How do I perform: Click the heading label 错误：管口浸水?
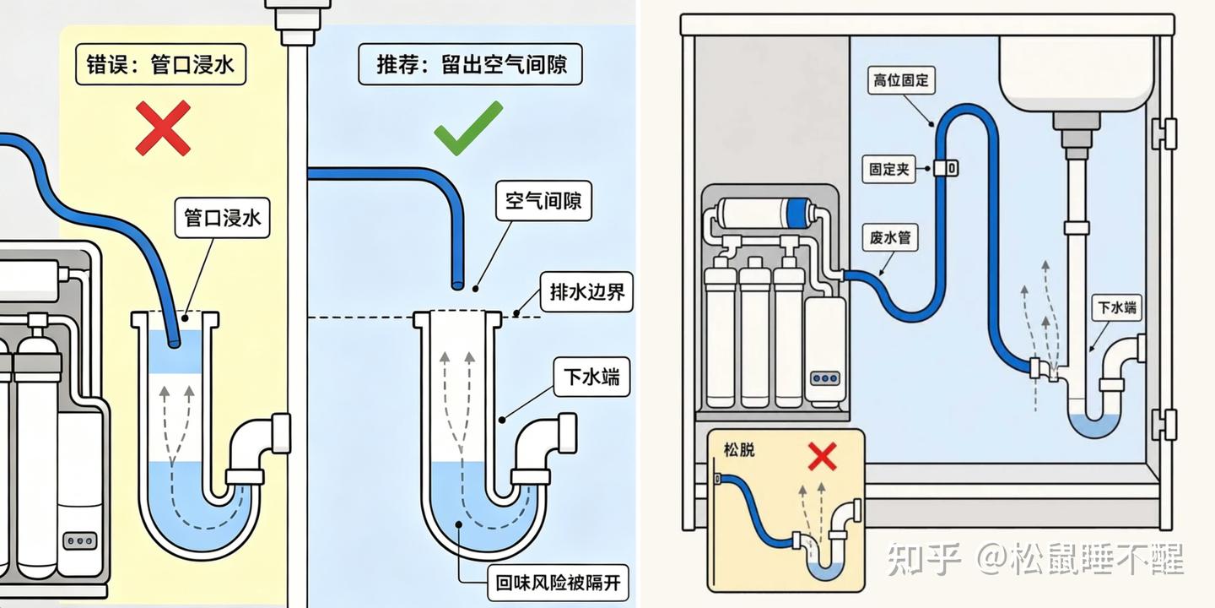coord(160,64)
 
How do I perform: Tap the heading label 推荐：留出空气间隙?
coord(470,64)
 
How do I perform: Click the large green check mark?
coord(468,128)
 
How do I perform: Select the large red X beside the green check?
coord(163,128)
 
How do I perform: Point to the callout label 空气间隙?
coord(543,201)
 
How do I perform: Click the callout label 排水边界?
coord(587,292)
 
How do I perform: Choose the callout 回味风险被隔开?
coord(559,583)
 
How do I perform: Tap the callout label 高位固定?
coord(901,80)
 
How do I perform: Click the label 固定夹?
coord(889,169)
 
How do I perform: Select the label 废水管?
coord(890,237)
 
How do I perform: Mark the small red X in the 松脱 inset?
coord(823,456)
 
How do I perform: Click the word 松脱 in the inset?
coord(739,449)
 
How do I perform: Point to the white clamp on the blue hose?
coord(945,168)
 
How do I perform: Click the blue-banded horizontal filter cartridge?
coord(764,213)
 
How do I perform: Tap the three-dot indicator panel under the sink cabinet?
coord(825,378)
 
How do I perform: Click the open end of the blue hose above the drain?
coord(457,285)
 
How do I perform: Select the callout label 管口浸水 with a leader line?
coord(223,218)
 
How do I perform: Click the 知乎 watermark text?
coord(924,559)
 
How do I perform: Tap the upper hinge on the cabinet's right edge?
coord(1164,134)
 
